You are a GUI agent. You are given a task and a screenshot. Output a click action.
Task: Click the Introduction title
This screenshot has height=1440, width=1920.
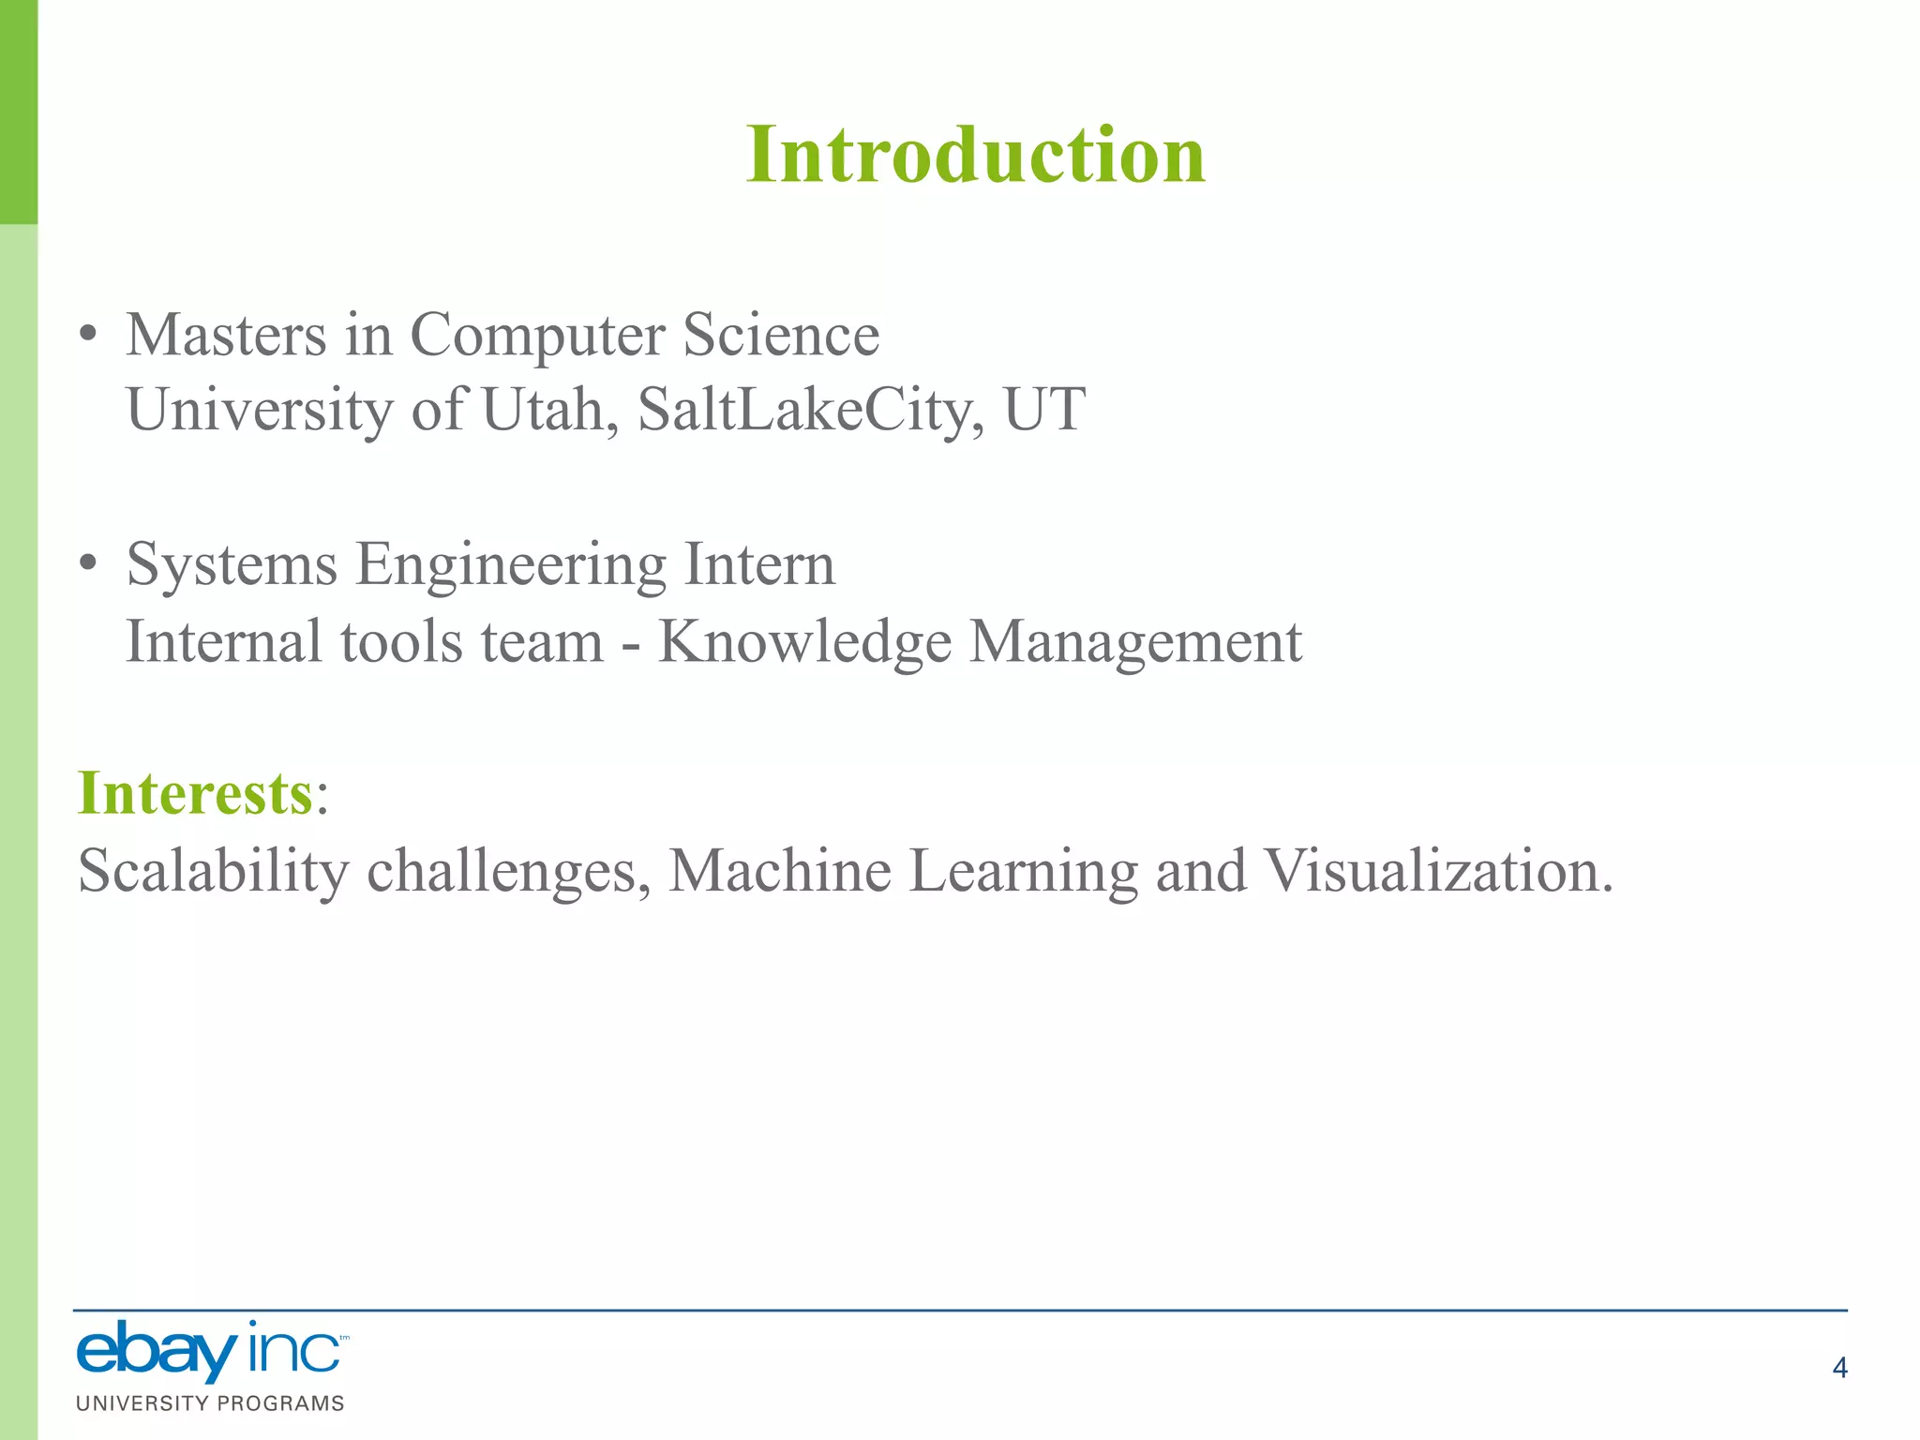click(975, 155)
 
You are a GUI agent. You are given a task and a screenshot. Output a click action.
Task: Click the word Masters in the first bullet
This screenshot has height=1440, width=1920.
click(226, 335)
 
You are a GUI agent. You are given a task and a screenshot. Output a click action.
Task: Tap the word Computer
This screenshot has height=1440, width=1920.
click(537, 335)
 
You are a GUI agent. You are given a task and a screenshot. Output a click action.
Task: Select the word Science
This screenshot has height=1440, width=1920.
click(781, 335)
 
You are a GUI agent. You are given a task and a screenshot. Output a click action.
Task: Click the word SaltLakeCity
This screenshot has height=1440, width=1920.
click(811, 410)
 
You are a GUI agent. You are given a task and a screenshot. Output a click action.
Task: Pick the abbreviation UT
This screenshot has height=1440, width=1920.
click(1043, 410)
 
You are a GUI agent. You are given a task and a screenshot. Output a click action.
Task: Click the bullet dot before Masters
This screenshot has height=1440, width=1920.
click(88, 335)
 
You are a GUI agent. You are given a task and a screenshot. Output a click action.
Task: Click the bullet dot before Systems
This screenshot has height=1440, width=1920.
click(88, 563)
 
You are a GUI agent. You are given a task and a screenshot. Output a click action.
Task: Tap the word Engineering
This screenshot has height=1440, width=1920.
click(511, 565)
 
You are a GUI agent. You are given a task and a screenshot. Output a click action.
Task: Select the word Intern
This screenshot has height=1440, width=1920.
click(759, 563)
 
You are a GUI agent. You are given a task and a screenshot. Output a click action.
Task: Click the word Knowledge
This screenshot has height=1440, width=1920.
click(804, 642)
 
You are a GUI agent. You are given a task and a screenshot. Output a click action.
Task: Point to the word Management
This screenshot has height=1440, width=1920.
click(1135, 642)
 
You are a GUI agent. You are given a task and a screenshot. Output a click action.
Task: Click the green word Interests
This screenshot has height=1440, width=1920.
click(195, 793)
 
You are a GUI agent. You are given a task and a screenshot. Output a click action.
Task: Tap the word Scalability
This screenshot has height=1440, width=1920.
click(214, 871)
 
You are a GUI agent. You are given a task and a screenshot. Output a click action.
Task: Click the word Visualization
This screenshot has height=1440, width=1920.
click(1438, 870)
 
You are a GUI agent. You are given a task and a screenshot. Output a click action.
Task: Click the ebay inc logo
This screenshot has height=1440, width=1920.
click(210, 1351)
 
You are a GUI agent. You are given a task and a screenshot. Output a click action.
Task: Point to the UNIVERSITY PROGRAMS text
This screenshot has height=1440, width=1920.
click(210, 1403)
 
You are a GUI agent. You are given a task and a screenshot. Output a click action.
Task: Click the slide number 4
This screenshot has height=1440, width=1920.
click(1839, 1368)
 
